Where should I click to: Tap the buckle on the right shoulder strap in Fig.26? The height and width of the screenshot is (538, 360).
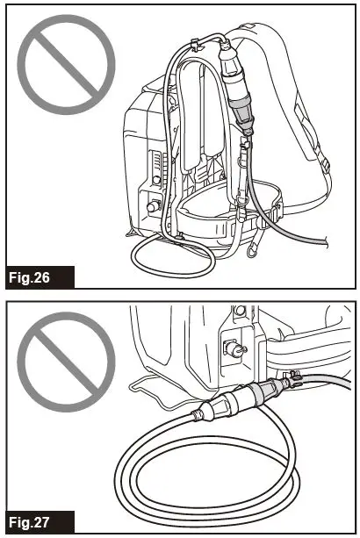click(326, 164)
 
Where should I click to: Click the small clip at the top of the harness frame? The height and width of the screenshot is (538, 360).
click(192, 44)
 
